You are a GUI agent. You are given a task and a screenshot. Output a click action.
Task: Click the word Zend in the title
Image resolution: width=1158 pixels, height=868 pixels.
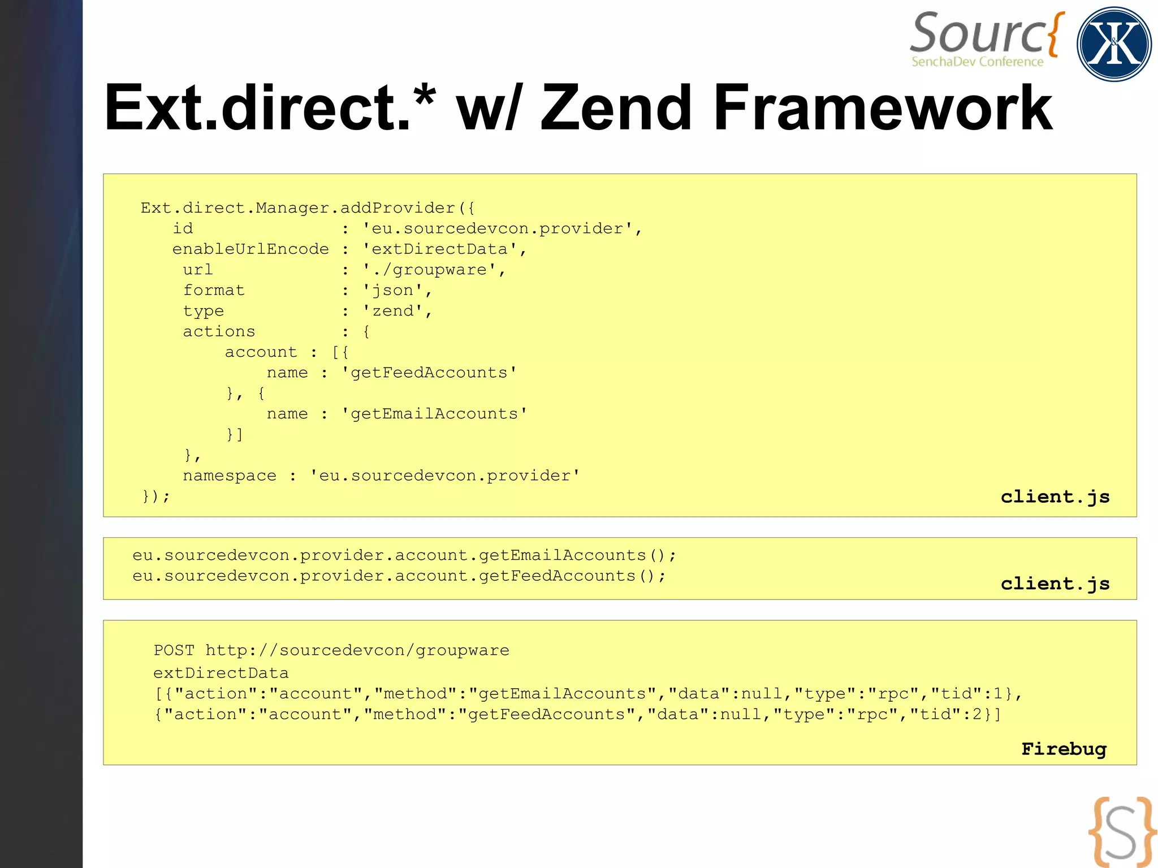coord(616,108)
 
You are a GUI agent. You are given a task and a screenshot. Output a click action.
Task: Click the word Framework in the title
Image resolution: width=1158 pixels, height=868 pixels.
coord(883,108)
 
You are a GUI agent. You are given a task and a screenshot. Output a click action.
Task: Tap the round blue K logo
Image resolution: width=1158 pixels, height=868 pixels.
coord(1113,44)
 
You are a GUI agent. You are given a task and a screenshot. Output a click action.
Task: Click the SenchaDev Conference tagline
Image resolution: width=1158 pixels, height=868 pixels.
coord(977,62)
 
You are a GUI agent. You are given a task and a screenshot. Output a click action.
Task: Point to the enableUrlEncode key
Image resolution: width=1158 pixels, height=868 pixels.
coord(250,249)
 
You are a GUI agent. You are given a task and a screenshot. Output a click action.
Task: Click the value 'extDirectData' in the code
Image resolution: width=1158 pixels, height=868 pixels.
coord(440,249)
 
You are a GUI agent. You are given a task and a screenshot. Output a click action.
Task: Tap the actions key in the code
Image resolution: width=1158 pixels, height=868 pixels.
coord(219,331)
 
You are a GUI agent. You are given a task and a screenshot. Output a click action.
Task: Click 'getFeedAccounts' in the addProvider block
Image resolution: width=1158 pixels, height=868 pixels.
coord(429,373)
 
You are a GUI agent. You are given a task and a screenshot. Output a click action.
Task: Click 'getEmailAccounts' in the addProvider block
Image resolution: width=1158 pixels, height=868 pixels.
coord(434,414)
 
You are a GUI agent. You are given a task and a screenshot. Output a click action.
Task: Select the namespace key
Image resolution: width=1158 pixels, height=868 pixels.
coord(230,476)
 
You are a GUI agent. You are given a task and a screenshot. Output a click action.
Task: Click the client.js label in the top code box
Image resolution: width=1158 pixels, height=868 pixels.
coord(1055,496)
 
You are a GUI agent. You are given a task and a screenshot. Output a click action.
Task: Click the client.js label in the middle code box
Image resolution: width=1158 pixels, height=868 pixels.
coord(1055,584)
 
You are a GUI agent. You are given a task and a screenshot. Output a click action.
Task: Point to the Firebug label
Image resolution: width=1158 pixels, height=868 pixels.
coord(1064,749)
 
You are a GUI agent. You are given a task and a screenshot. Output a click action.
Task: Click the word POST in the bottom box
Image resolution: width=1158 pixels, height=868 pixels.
coord(174,650)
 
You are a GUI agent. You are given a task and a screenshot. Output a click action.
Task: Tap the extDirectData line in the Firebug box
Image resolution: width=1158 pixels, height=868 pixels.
coord(221,673)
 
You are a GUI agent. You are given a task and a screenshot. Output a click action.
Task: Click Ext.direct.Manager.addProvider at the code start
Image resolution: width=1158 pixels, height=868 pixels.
coord(298,208)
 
